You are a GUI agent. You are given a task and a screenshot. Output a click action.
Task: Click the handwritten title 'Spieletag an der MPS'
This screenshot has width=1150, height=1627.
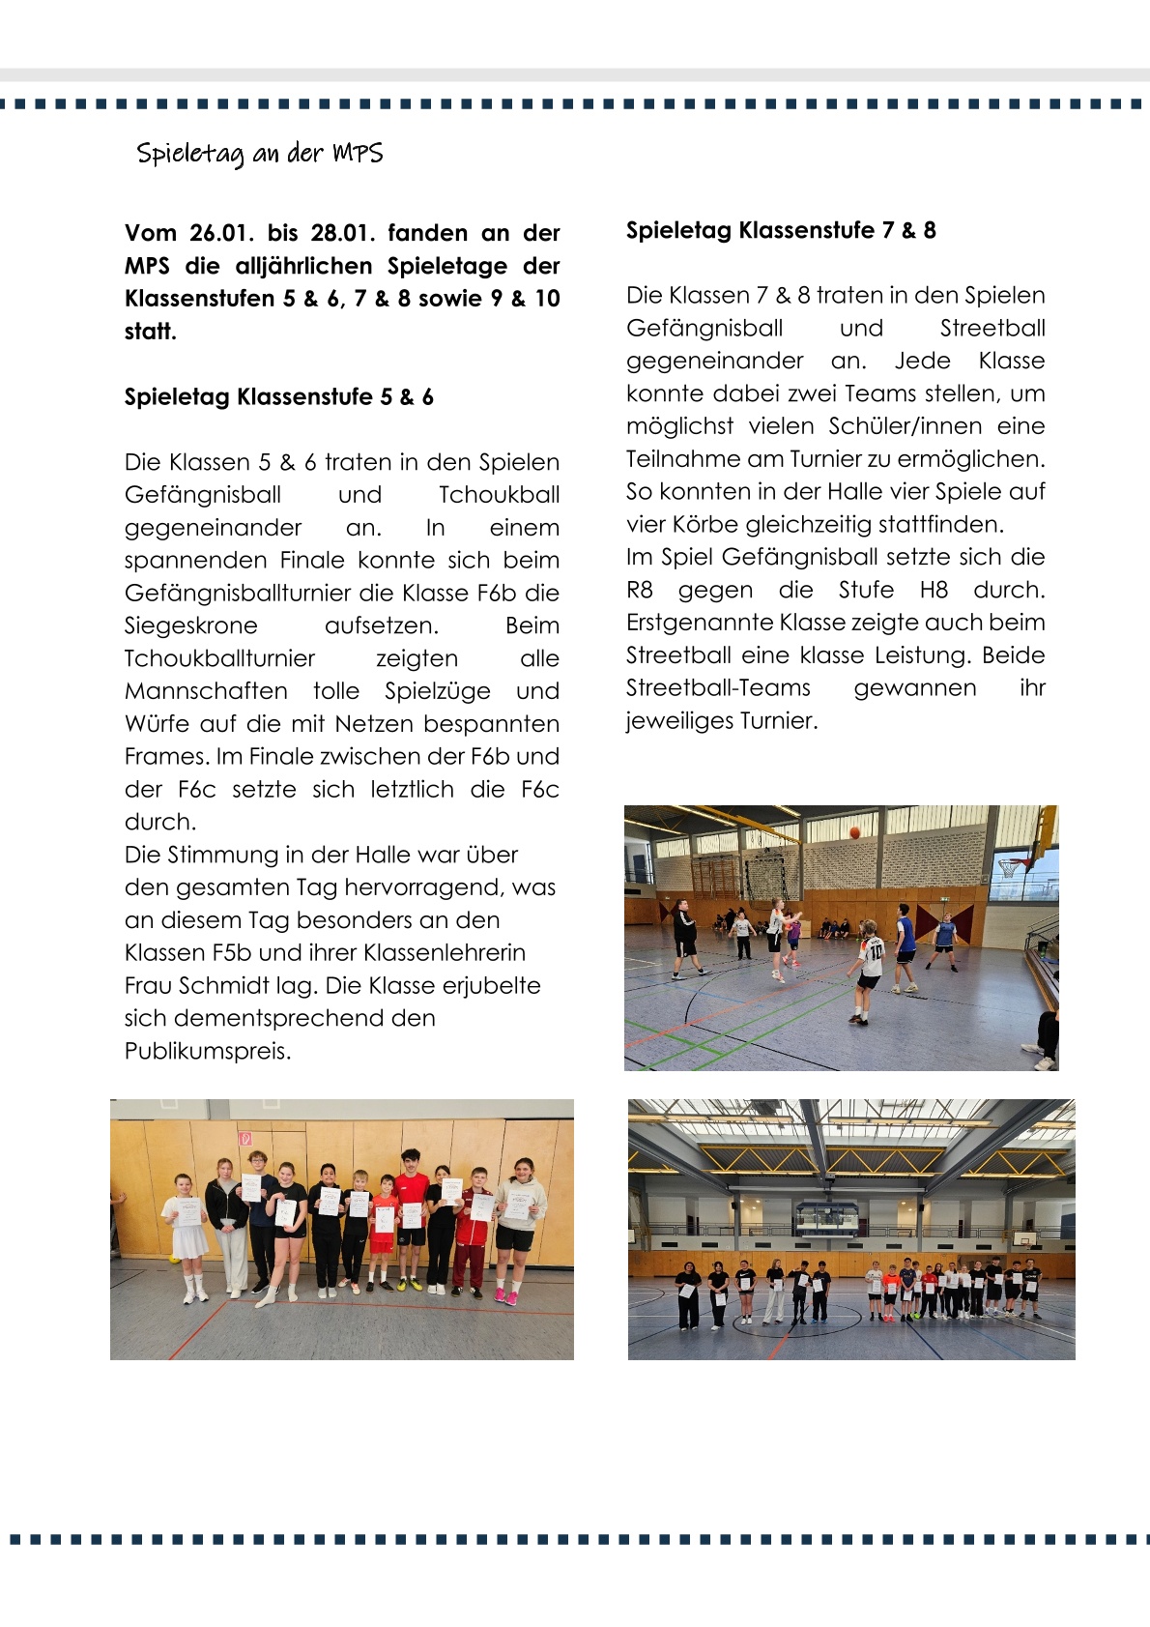pos(259,154)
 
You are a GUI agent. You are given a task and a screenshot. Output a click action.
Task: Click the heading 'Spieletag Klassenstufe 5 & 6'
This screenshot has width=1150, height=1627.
pos(278,396)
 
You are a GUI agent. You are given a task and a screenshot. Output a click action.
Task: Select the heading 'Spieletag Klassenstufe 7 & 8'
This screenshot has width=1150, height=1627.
pos(780,230)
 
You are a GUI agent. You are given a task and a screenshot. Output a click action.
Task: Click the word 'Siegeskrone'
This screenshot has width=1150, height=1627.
pos(190,625)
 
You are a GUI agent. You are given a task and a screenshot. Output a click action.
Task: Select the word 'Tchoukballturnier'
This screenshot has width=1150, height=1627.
pos(219,658)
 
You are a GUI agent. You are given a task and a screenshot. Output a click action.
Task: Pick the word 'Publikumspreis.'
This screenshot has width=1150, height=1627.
pos(207,1051)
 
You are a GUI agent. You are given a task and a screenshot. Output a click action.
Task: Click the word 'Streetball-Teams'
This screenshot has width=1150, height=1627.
pos(718,687)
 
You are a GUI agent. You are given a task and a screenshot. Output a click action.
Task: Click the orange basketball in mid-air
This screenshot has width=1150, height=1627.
pos(854,832)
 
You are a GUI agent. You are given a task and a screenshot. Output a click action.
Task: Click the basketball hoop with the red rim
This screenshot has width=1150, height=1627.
pos(1012,863)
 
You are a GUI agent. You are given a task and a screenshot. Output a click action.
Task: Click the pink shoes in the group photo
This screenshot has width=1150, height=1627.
pos(505,1296)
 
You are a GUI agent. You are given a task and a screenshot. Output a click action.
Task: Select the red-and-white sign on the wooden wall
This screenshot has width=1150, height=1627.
pos(245,1139)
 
